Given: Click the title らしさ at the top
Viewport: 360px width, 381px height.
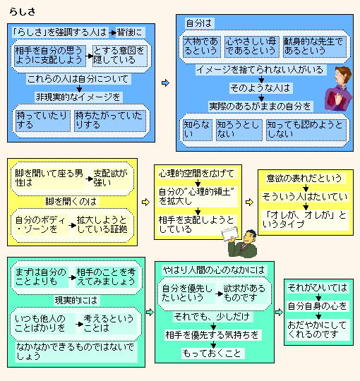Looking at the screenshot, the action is click(x=23, y=12).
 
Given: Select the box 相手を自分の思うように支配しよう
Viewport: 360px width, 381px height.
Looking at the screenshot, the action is click(x=50, y=56).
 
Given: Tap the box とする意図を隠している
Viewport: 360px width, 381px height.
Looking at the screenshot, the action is click(x=119, y=56).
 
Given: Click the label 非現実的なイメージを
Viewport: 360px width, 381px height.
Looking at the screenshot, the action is click(x=78, y=97).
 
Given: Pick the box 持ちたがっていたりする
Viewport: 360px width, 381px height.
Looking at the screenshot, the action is click(x=110, y=121).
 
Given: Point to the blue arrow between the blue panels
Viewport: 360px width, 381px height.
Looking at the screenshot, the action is click(x=165, y=83).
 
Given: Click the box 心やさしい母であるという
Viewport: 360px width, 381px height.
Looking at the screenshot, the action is click(x=251, y=47).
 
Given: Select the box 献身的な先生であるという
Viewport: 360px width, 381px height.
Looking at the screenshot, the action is click(x=315, y=47).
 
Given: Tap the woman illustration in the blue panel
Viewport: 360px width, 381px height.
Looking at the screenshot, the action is click(x=338, y=88).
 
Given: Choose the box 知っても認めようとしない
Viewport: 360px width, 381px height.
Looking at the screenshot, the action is click(x=306, y=130).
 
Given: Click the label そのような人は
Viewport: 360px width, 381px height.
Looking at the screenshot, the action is click(x=260, y=88).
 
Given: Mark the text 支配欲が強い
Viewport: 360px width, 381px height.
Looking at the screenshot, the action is click(x=111, y=178).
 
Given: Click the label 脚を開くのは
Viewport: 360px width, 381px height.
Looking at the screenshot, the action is click(x=71, y=201).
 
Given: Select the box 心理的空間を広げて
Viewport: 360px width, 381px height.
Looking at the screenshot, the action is click(x=197, y=174).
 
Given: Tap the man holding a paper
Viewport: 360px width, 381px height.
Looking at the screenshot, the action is click(x=240, y=242).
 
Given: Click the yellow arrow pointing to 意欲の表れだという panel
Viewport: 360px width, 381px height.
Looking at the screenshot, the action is click(x=249, y=202).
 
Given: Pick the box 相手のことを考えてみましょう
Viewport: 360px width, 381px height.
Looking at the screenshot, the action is click(x=106, y=277).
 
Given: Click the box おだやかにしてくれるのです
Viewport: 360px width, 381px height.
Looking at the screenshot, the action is click(x=318, y=329).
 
